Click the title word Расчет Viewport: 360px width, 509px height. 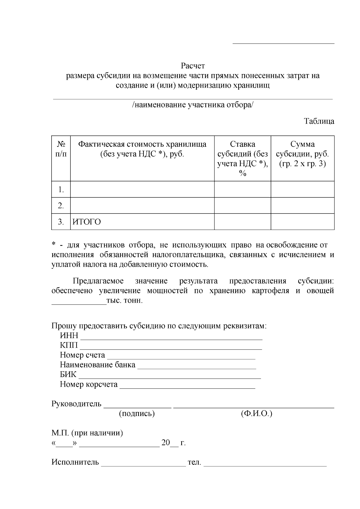(193, 65)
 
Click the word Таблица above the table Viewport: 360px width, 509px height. (319, 121)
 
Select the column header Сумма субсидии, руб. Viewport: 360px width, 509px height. (302, 154)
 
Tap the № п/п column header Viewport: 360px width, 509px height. (61, 149)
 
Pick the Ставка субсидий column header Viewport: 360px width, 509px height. (242, 158)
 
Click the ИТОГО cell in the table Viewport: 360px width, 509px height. (87, 222)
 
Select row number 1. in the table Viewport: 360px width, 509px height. (61, 190)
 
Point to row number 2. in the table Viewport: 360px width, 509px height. (61, 206)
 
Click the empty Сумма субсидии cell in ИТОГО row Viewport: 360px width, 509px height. (302, 222)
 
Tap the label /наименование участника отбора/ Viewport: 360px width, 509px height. (193, 105)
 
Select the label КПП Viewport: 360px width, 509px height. (69, 345)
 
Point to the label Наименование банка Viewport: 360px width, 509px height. (97, 365)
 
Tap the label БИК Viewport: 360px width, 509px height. (68, 375)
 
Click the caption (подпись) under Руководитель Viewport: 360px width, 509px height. (137, 414)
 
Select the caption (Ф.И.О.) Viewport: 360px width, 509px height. (256, 414)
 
